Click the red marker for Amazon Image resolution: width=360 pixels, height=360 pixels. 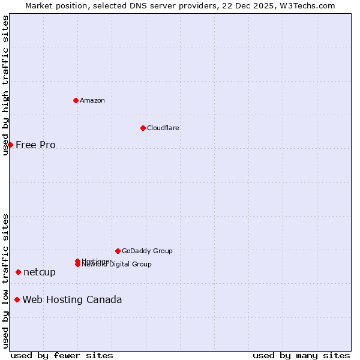(x=76, y=100)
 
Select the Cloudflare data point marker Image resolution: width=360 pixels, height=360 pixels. (x=143, y=128)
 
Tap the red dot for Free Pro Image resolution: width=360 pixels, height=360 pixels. (x=10, y=145)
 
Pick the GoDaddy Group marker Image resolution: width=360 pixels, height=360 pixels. (x=118, y=251)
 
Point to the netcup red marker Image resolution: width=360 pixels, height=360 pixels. (x=18, y=272)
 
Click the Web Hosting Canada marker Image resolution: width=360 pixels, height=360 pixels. (x=17, y=299)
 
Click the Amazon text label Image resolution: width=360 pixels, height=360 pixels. (x=92, y=100)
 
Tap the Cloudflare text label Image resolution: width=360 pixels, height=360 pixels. (x=163, y=128)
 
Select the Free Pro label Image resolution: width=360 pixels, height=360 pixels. (x=35, y=145)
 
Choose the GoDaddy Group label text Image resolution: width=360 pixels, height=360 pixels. (x=147, y=251)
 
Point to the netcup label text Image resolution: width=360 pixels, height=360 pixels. (x=40, y=272)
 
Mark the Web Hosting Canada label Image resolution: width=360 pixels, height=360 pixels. (x=72, y=299)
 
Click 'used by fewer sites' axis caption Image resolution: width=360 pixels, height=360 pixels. (x=62, y=355)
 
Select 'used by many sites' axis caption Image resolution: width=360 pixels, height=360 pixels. (x=301, y=355)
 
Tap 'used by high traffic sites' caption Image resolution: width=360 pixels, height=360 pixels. (x=5, y=85)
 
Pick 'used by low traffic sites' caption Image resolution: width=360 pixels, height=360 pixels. (x=5, y=281)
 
